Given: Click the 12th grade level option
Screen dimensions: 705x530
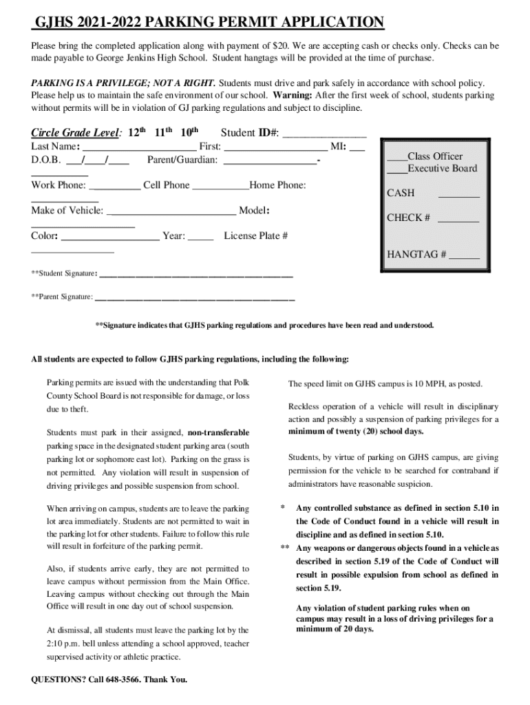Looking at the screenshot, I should click(x=138, y=133).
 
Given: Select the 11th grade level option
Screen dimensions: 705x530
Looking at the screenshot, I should click(x=163, y=133).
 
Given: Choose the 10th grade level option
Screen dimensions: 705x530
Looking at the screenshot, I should click(x=189, y=133).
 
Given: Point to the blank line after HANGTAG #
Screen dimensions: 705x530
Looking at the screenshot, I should click(x=465, y=257).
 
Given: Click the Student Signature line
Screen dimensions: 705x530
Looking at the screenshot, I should click(x=196, y=275).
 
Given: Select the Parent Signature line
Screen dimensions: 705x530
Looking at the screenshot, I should click(x=195, y=299).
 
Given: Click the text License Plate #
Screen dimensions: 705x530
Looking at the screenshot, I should click(x=255, y=236).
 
